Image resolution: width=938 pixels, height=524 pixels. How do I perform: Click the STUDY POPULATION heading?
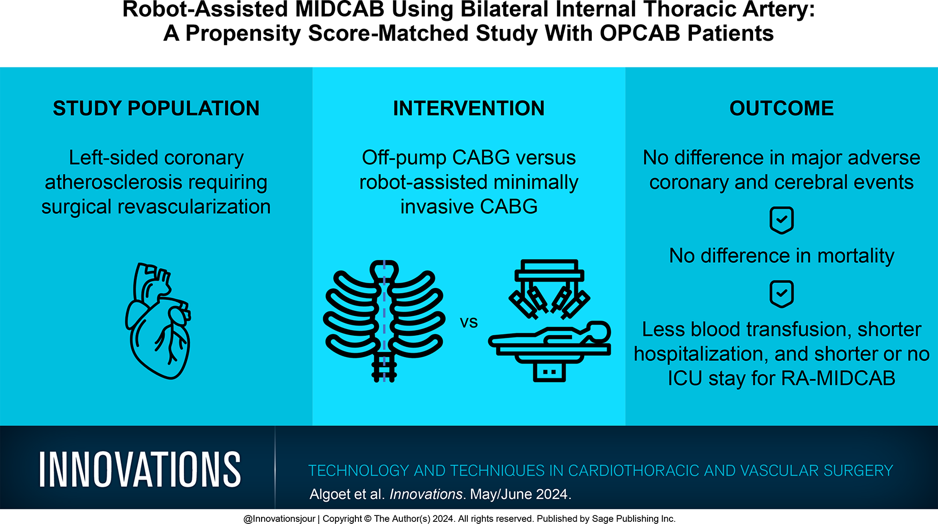pos(156,109)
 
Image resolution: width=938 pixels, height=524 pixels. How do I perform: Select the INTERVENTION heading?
pos(468,109)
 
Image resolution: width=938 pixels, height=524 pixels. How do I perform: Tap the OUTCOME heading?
pos(781,109)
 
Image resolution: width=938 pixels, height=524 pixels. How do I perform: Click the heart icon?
pos(158,321)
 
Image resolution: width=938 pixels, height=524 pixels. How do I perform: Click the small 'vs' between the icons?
pos(468,322)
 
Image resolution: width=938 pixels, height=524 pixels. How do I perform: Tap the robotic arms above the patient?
pos(549,289)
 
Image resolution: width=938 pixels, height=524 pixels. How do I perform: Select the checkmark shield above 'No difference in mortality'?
pos(781,220)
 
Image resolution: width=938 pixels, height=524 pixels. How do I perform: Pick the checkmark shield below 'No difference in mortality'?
pos(781,294)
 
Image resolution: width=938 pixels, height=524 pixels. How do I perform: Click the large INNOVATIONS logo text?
pos(140,469)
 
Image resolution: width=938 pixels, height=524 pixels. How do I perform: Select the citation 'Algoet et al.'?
pos(347,494)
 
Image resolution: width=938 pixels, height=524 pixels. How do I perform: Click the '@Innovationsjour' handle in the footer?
pos(279,519)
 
